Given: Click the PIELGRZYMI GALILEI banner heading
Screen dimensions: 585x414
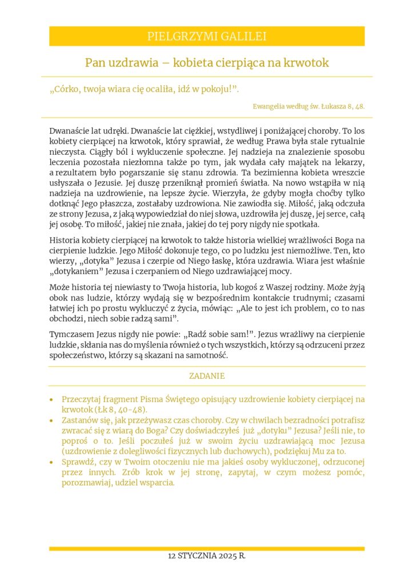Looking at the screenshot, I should pyautogui.click(x=206, y=37).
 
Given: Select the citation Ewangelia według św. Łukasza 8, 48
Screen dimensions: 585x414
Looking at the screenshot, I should pyautogui.click(x=308, y=106).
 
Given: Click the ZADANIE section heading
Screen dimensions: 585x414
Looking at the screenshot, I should pyautogui.click(x=206, y=376).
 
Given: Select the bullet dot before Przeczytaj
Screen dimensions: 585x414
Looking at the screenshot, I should pyautogui.click(x=51, y=400).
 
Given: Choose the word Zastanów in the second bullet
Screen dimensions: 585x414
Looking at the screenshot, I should pyautogui.click(x=78, y=421).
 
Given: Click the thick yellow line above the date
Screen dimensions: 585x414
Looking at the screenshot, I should pyautogui.click(x=206, y=548).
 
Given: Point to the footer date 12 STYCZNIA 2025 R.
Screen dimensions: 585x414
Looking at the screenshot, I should pyautogui.click(x=206, y=556).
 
